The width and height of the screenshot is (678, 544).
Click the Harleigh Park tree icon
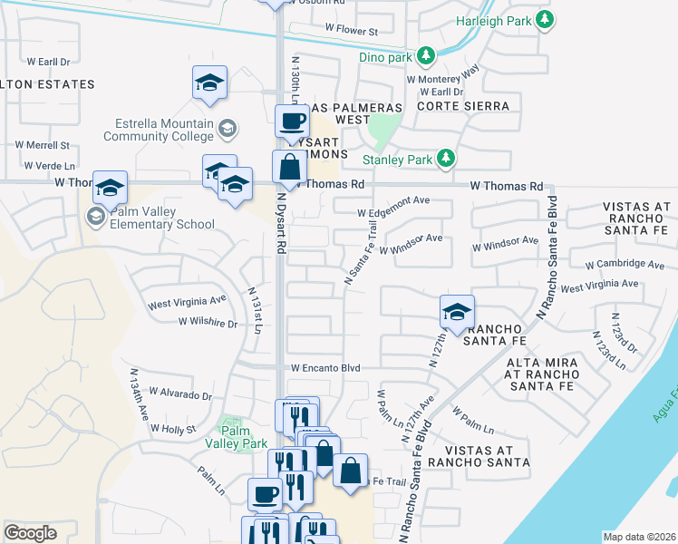click(543, 19)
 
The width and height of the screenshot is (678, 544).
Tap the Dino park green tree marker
click(425, 57)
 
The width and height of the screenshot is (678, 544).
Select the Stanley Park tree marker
click(445, 160)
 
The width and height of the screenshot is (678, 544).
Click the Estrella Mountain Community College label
click(164, 131)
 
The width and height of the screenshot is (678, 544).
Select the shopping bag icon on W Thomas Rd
click(289, 167)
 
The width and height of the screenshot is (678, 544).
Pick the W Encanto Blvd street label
click(325, 368)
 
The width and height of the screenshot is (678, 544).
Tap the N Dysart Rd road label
click(282, 221)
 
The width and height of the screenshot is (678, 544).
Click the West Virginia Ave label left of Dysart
click(187, 300)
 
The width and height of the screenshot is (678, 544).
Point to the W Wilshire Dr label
click(207, 322)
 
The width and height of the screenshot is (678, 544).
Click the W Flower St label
click(351, 31)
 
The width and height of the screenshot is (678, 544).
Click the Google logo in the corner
click(30, 533)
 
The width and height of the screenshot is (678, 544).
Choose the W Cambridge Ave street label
click(625, 265)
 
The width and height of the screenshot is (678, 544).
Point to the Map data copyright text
click(639, 537)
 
